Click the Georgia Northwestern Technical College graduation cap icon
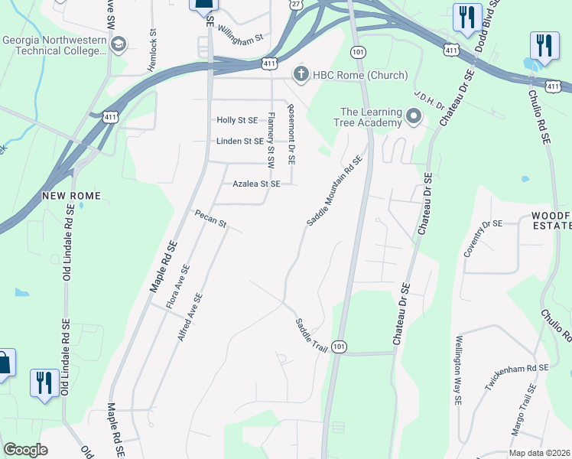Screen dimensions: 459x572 pos(118,45)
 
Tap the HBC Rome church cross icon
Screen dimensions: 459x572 pos(302,74)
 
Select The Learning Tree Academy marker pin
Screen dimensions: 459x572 pos(414,117)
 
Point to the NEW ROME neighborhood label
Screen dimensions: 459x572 pos(71,196)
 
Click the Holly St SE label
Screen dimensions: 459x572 pos(237,120)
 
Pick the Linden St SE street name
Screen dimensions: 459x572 pos(240,142)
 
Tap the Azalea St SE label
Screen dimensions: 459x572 pos(257,184)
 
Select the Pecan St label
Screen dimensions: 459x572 pos(210,219)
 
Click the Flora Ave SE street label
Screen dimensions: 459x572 pos(178,287)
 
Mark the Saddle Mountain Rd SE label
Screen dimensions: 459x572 pos(333,192)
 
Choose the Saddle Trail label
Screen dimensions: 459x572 pos(311,335)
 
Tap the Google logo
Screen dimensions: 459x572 pos(25,450)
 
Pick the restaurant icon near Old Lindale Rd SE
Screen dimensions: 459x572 pos(44,382)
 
